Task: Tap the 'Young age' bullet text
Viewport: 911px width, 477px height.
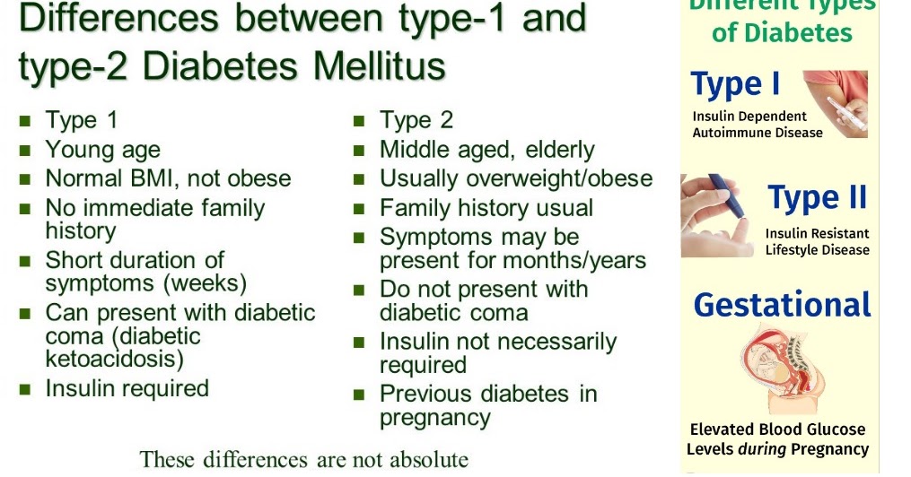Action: pos(102,150)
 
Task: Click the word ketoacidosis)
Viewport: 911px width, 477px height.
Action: pos(114,359)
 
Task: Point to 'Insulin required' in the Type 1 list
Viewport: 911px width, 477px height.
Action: pos(127,388)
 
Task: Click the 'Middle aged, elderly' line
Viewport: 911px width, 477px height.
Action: pos(486,150)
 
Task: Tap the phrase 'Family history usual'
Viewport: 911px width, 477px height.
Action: pos(486,208)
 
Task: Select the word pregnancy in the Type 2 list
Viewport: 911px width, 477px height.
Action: pos(434,417)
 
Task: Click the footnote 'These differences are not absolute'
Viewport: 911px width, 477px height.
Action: pos(303,460)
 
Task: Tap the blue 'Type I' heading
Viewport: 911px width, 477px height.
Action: pos(735,85)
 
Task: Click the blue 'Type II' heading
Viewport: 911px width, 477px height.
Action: pos(818,198)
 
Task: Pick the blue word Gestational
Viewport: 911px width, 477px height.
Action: pos(782,305)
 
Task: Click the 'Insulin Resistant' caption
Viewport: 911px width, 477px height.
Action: pos(817,233)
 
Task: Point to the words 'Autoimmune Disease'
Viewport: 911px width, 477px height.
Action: pos(757,133)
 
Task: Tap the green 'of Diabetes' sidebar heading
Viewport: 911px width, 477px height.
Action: pos(781,34)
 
